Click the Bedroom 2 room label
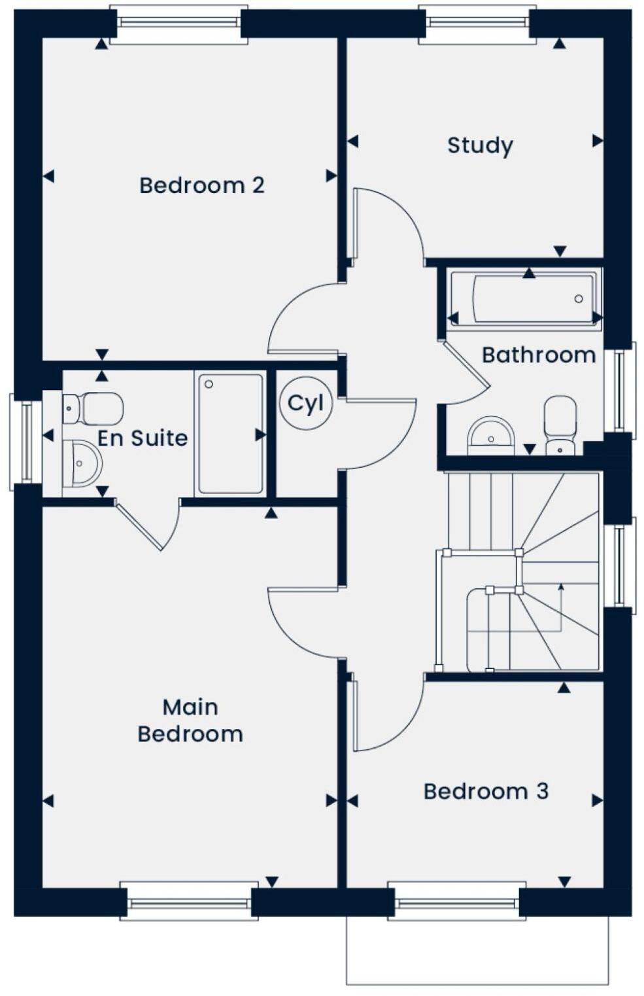[201, 185]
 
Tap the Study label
[480, 145]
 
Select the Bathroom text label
[538, 355]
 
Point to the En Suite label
[143, 438]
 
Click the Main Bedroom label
[190, 720]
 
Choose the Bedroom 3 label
[486, 791]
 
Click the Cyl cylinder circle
[305, 403]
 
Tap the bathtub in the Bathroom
[525, 300]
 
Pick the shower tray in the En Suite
[230, 433]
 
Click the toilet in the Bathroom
[560, 424]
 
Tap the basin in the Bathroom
[491, 435]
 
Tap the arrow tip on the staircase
[561, 586]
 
